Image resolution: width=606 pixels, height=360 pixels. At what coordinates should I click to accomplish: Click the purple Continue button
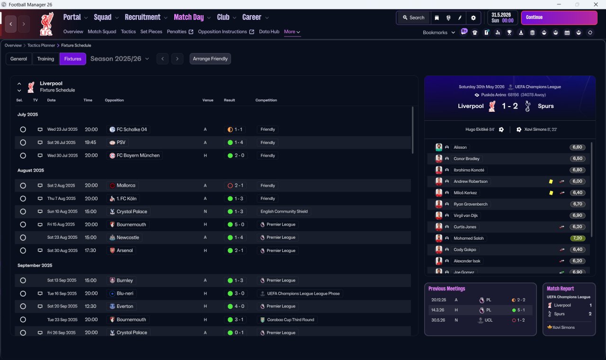[x=559, y=18]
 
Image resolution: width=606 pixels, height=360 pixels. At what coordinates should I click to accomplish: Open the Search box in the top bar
[x=414, y=18]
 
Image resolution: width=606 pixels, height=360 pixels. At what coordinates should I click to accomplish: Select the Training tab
[x=45, y=59]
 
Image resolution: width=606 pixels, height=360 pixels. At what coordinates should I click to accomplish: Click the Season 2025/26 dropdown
[x=120, y=59]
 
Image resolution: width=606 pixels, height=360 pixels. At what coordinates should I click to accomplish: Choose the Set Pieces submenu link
[x=151, y=32]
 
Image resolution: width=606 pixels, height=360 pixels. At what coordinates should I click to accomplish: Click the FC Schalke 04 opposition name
[x=132, y=129]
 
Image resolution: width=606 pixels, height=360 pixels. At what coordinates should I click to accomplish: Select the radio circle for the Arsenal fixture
[x=23, y=251]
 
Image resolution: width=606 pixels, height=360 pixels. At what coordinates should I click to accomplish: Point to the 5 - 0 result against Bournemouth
[x=239, y=225]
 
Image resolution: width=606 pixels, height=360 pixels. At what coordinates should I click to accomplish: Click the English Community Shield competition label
[x=284, y=211]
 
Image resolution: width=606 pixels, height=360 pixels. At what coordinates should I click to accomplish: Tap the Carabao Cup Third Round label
[x=291, y=320]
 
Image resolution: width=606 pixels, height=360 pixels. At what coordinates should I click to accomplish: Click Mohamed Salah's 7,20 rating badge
[x=577, y=238]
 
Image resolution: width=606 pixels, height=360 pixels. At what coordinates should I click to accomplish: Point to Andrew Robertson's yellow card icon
[x=551, y=181]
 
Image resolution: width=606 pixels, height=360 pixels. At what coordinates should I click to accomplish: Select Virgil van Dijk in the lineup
[x=465, y=216]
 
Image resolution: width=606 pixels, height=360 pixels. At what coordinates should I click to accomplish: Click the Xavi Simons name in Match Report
[x=563, y=327]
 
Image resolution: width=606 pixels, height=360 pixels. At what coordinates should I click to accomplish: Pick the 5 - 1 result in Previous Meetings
[x=521, y=310]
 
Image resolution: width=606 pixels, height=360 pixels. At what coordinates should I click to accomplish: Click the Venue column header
[x=208, y=100]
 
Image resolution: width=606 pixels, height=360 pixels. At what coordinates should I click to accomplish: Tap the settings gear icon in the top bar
[x=473, y=18]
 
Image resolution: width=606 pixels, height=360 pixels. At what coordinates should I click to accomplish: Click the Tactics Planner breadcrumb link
[x=41, y=45]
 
